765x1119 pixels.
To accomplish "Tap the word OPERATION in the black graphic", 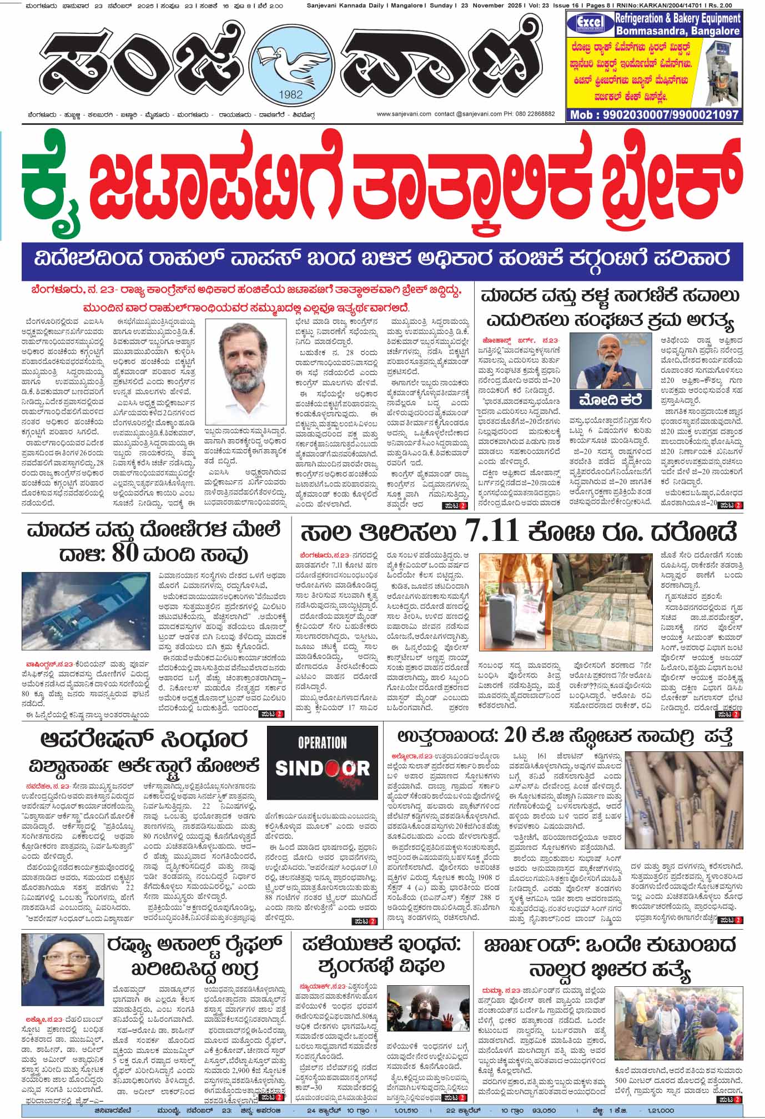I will point(322,742).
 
